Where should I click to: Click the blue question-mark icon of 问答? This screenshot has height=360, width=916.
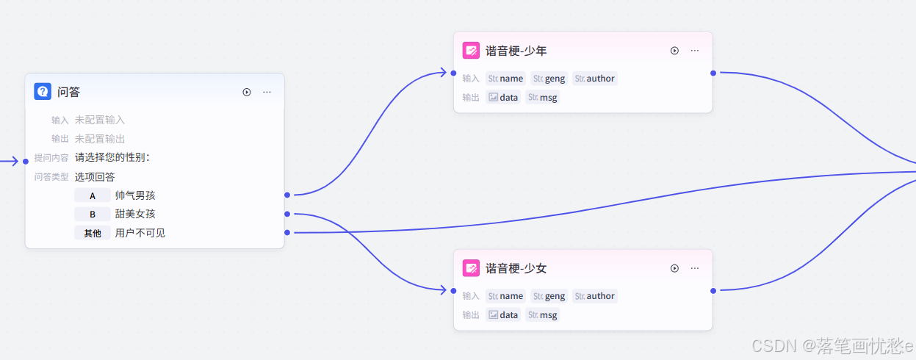[x=43, y=92]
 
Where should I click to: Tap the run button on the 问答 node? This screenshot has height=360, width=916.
[x=247, y=92]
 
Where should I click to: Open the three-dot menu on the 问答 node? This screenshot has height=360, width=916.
[x=267, y=92]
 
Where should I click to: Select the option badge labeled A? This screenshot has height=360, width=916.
[x=93, y=195]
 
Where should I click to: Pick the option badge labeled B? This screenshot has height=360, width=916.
[x=93, y=214]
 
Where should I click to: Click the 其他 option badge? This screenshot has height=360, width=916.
[x=93, y=233]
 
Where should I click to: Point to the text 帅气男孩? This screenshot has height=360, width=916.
[x=135, y=195]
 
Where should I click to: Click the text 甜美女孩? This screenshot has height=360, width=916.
[x=135, y=214]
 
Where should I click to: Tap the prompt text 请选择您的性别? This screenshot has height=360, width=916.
[x=112, y=157]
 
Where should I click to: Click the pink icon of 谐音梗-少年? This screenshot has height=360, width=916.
[x=471, y=51]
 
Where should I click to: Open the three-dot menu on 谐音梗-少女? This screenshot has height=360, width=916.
[x=694, y=268]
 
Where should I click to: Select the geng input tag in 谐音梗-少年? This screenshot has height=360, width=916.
[x=549, y=79]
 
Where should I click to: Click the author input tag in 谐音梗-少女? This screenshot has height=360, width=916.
[x=595, y=296]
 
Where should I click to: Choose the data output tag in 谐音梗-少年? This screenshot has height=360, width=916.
[x=503, y=98]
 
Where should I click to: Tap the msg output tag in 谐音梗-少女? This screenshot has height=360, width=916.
[x=543, y=315]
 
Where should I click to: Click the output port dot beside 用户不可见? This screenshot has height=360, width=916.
[x=286, y=233]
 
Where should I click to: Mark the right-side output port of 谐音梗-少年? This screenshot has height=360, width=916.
[x=713, y=73]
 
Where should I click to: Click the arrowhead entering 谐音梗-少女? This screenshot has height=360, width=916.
[x=443, y=290]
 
